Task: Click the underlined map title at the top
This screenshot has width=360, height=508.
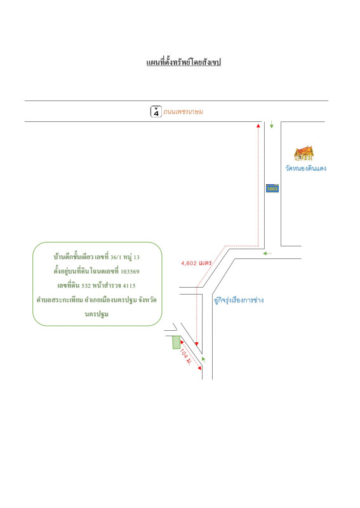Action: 183,62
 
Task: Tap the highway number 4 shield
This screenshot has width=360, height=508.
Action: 156,112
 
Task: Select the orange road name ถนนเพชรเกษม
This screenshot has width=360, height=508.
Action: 183,112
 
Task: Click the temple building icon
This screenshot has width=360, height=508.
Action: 303,153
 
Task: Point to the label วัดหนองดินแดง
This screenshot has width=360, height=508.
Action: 305,168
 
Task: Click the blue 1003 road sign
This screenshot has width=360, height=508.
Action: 272,188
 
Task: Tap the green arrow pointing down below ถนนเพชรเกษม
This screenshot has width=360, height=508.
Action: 272,124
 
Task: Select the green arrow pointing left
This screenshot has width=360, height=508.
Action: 267,253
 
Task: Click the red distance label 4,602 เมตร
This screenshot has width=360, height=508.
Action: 196,263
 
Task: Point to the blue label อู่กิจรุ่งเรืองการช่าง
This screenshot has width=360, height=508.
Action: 239,300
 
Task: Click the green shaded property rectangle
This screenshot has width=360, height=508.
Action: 177,342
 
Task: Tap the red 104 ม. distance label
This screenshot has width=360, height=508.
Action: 185,357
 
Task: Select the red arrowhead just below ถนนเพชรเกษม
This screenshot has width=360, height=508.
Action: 258,125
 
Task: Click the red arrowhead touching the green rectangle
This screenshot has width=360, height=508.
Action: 182,342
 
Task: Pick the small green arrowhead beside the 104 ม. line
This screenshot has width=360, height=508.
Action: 204,359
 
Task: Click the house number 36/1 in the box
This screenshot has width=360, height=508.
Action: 116,257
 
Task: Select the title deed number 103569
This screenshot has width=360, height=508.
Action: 130,272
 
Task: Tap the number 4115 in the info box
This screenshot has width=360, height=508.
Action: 129,286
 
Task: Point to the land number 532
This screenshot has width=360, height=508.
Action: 86,286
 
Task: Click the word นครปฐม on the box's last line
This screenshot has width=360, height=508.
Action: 97,314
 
